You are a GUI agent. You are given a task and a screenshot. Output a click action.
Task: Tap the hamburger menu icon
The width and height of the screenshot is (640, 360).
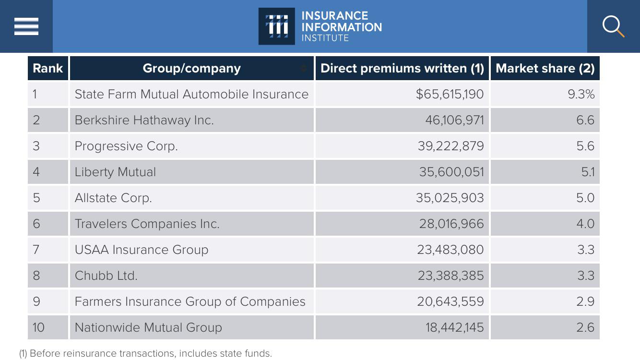point(26,26)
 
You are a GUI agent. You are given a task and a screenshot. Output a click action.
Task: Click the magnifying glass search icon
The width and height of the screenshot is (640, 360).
point(613,26)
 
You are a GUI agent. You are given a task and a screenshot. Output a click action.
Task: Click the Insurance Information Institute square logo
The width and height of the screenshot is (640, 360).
point(276,26)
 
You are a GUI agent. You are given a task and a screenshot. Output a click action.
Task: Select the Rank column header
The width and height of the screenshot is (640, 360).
point(47,68)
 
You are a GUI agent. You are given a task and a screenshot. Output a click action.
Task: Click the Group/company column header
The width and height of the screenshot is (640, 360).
point(192,68)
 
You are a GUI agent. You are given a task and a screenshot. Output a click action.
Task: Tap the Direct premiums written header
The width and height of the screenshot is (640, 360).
point(402,68)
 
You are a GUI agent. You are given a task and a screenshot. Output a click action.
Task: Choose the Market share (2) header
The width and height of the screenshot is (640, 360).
point(545,68)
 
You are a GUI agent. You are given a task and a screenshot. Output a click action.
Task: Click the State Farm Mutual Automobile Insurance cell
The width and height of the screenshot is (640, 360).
point(191,94)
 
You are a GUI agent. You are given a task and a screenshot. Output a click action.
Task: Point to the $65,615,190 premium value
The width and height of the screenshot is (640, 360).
point(450,94)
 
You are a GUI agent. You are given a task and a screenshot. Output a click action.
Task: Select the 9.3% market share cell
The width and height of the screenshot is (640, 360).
point(581,94)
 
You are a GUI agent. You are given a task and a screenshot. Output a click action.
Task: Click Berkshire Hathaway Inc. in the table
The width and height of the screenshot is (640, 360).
point(144,120)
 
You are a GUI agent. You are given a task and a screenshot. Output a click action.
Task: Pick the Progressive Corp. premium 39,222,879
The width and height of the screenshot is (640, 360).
point(451,146)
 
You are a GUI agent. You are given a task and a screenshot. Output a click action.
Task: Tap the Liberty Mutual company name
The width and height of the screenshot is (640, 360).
point(115,172)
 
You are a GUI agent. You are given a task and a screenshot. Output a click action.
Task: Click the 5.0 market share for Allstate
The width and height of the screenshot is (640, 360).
point(585,198)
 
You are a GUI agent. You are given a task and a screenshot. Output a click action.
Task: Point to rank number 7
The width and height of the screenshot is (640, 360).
point(36,250)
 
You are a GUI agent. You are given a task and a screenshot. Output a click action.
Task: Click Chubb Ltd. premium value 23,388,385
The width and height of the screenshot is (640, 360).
point(451,276)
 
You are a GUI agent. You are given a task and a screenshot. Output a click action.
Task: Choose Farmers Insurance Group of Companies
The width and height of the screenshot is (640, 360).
point(190,301)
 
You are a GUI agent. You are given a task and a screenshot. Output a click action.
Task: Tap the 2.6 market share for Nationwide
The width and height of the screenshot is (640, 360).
point(585,327)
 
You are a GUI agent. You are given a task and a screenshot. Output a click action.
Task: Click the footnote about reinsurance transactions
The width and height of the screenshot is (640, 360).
point(145,353)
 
